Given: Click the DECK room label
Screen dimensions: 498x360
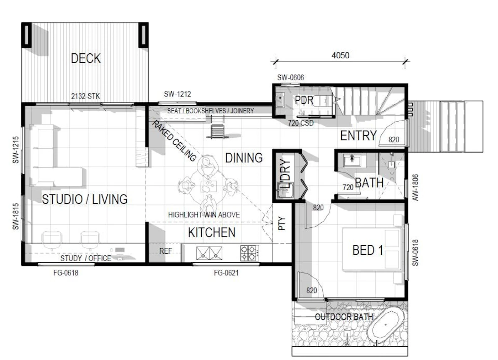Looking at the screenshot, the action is [86, 58].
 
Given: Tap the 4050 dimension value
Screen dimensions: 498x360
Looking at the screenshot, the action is [340, 55].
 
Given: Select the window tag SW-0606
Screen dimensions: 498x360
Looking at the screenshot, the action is [290, 78].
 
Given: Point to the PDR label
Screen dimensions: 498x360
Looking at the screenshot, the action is [304, 100].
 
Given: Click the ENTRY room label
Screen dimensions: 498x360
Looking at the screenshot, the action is [359, 136].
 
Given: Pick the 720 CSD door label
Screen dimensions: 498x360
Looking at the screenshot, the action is [301, 123].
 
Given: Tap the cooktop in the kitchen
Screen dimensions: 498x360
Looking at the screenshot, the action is [249, 253].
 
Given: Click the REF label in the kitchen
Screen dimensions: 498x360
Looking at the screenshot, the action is [166, 251].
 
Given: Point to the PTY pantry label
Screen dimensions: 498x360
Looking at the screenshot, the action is [282, 223].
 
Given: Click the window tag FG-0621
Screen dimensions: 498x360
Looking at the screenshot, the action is [226, 273].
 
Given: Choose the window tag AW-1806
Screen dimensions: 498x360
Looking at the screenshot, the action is [415, 187].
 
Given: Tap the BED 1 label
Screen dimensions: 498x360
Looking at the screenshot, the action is [368, 250].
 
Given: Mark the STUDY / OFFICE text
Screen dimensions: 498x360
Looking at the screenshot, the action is [86, 258].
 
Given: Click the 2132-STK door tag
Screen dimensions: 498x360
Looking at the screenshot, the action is [85, 96].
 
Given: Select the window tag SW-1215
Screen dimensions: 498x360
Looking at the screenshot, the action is [16, 150].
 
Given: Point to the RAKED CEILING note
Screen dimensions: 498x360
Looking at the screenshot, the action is [174, 141].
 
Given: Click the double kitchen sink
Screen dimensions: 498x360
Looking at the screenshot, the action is [209, 253].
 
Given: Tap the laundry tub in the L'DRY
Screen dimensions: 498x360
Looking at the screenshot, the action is [285, 190].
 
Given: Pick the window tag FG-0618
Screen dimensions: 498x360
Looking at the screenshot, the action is [66, 273].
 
